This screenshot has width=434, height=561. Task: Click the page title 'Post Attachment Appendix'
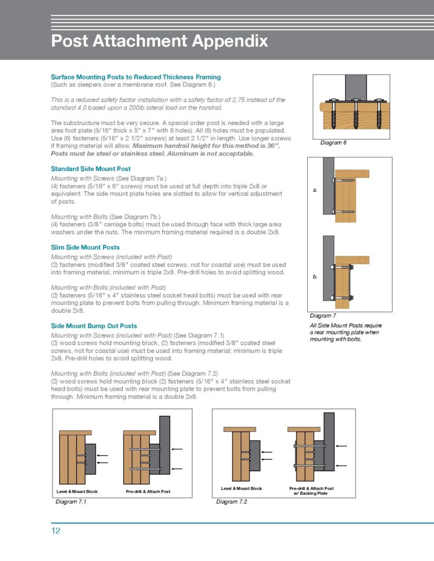click(159, 41)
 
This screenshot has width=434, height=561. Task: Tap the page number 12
click(56, 531)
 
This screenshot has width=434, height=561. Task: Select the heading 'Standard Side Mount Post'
click(91, 169)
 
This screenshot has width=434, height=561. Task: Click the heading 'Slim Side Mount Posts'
click(85, 247)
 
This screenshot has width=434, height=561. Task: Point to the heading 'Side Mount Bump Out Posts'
click(94, 325)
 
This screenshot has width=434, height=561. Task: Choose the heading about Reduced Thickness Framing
click(136, 77)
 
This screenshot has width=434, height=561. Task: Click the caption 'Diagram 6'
click(334, 142)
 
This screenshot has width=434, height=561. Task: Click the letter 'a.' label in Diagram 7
click(315, 190)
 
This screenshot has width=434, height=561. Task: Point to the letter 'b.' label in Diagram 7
click(315, 277)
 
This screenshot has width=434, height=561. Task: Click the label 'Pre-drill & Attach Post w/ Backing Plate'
click(311, 490)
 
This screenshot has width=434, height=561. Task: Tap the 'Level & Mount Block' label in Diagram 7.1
click(77, 491)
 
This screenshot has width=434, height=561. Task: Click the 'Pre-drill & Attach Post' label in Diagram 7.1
click(148, 491)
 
